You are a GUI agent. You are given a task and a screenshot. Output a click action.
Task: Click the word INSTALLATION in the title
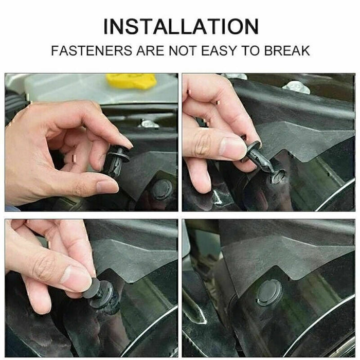coord(180,26)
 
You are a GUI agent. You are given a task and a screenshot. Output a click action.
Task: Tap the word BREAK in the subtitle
coord(285,51)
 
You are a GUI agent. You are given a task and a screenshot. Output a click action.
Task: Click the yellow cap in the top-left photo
coord(131,81)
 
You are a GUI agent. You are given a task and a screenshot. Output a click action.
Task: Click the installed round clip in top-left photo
coord(161,189)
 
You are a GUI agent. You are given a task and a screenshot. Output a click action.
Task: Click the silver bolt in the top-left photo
coord(149,124)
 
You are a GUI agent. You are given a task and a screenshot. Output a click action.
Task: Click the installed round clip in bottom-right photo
coord(269,292)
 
